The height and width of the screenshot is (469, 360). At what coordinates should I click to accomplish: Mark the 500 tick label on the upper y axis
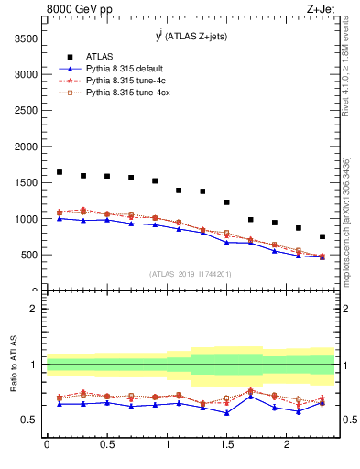click(28, 255)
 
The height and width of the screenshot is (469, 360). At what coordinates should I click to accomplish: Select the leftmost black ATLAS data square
click(60, 172)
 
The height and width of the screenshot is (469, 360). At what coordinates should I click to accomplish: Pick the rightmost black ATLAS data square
click(322, 236)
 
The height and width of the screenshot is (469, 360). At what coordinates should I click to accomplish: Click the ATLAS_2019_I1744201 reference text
click(189, 273)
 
